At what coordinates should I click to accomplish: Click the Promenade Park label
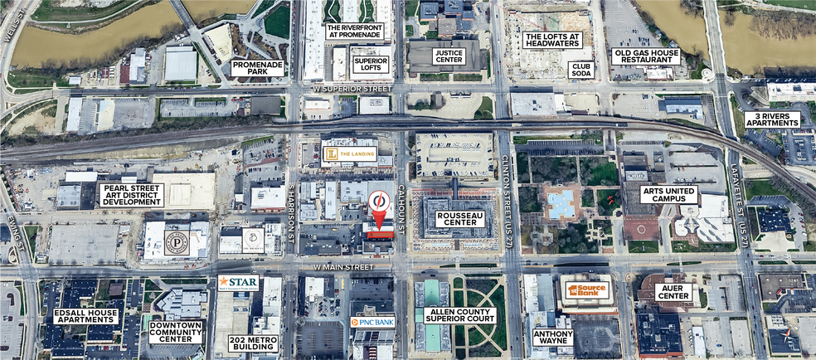pos(257,68)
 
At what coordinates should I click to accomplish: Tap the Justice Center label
pos(449,57)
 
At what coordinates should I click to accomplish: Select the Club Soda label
pos(580,70)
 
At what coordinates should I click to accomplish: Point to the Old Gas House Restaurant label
pos(646,56)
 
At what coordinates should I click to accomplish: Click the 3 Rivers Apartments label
pos(772,119)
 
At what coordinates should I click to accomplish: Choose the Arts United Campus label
pos(669,195)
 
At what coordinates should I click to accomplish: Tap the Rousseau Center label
pos(460,219)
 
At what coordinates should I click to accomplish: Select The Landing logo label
pos(349,153)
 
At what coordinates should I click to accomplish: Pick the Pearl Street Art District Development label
pos(131,195)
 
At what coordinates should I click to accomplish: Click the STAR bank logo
pos(238,283)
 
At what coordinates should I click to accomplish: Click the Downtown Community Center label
pos(176,332)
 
